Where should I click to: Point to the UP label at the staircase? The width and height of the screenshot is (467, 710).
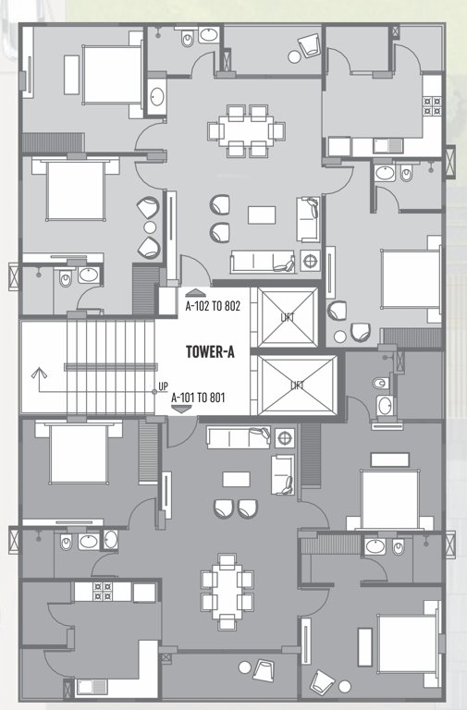163,386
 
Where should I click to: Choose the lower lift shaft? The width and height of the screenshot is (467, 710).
296,383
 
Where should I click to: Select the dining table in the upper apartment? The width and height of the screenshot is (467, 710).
245,129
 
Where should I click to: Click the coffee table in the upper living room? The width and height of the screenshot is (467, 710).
262,214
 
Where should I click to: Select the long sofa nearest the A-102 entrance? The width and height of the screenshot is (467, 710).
263,261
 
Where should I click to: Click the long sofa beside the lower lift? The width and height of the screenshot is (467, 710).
239,435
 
